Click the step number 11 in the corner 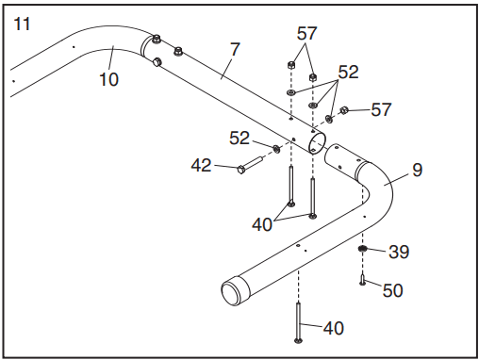point(22,25)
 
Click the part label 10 point(108,79)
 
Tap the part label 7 point(235,49)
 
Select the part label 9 point(417,170)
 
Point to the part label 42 point(202,165)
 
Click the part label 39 point(399,252)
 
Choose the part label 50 point(392,290)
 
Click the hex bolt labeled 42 point(250,165)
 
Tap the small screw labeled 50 point(362,279)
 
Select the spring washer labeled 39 point(363,249)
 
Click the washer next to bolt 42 point(276,149)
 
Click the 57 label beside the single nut point(381,109)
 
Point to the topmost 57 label point(306,34)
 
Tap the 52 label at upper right point(348,73)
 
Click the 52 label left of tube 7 point(239,139)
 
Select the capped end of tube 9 point(235,290)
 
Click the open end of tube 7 point(317,143)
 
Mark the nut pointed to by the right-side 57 point(343,110)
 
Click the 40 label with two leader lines point(262,225)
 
